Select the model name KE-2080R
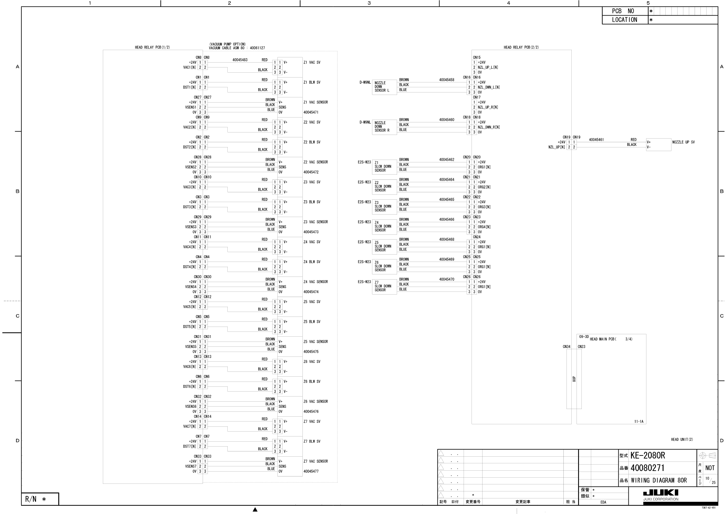(x=648, y=455)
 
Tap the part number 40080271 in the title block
(x=648, y=468)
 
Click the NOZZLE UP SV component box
(x=658, y=144)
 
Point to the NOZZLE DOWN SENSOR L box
(x=384, y=87)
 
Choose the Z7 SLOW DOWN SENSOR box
(x=384, y=286)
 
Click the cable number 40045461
(x=596, y=140)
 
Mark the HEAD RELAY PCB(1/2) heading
(x=152, y=48)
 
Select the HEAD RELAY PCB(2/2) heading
(x=521, y=48)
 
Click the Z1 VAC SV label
(x=312, y=62)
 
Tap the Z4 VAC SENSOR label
(x=316, y=282)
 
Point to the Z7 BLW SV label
(x=312, y=441)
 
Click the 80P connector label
(x=574, y=379)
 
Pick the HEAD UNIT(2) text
(x=682, y=439)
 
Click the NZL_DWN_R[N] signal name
(x=489, y=127)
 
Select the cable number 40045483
(x=240, y=60)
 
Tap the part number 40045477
(x=311, y=471)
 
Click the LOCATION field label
(x=624, y=20)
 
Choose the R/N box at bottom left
(x=40, y=499)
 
